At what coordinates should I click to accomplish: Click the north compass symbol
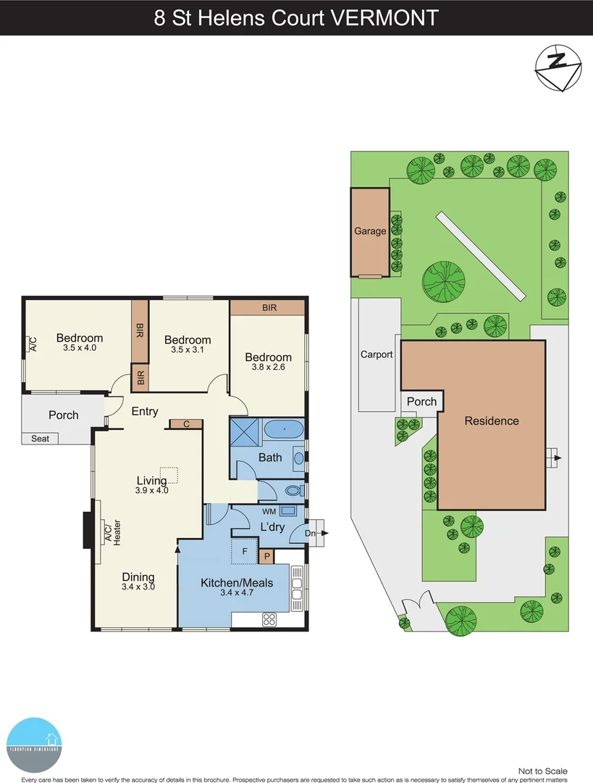[x=558, y=67]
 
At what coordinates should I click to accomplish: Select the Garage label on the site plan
[x=370, y=231]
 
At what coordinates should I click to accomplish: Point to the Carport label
[x=377, y=355]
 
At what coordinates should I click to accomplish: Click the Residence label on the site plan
[x=492, y=420]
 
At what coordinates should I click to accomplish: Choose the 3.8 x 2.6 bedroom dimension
[x=268, y=368]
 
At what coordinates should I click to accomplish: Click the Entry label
[x=145, y=411]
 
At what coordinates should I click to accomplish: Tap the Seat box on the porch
[x=40, y=439]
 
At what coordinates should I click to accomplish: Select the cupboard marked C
[x=186, y=424]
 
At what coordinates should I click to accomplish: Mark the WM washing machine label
[x=269, y=510]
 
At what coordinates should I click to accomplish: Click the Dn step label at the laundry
[x=310, y=533]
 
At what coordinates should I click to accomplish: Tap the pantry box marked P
[x=266, y=557]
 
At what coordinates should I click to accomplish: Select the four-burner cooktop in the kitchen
[x=269, y=618]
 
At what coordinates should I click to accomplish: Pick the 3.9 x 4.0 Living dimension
[x=151, y=490]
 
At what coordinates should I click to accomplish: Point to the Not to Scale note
[x=543, y=771]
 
